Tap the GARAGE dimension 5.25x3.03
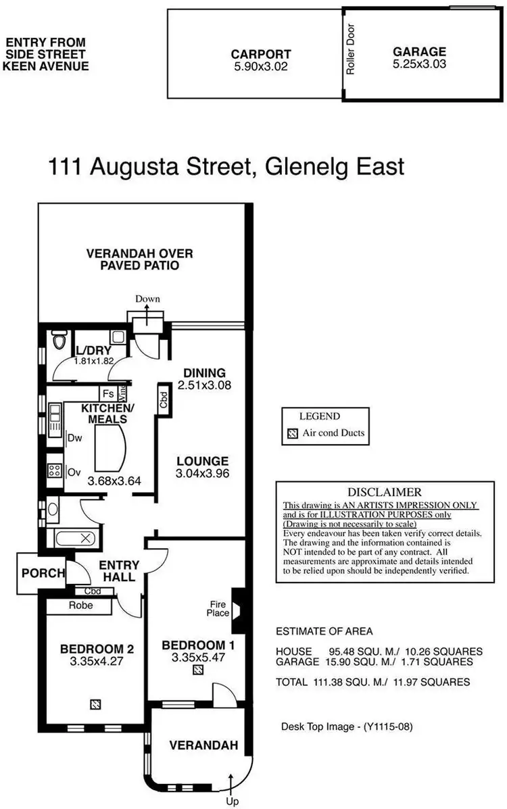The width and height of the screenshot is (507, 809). [x=419, y=65]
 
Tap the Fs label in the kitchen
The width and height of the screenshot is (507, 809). [x=107, y=393]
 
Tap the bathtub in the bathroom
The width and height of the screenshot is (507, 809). [x=74, y=539]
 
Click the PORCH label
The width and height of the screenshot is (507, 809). [x=43, y=573]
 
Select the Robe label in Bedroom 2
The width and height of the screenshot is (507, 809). [x=80, y=606]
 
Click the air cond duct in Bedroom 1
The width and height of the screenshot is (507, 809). [x=197, y=670]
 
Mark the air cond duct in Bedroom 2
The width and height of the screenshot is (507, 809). [x=95, y=704]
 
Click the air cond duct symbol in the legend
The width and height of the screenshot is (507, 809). [x=292, y=434]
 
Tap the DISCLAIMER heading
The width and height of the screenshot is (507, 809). [x=384, y=492]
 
